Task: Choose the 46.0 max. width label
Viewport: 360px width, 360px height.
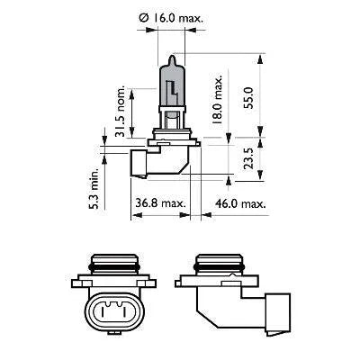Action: pos(240,203)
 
